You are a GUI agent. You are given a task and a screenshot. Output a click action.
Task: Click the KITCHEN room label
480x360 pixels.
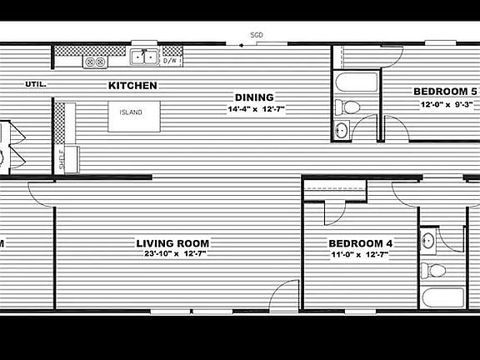pyautogui.click(x=132, y=85)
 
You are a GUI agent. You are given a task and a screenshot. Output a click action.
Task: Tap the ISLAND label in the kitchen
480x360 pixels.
pyautogui.click(x=131, y=112)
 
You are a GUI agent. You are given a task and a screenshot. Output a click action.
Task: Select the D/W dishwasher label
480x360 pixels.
pyautogui.click(x=170, y=61)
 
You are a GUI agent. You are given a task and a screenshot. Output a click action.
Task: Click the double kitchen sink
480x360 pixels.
pyautogui.click(x=144, y=57)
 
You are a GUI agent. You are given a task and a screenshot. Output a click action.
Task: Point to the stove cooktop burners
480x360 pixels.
pyautogui.click(x=95, y=62)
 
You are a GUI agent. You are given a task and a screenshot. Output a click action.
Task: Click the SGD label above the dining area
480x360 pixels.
pyautogui.click(x=257, y=35)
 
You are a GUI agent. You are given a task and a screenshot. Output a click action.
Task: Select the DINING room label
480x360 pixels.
pyautogui.click(x=254, y=97)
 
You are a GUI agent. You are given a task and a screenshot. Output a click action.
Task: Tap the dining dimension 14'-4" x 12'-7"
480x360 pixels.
pyautogui.click(x=256, y=109)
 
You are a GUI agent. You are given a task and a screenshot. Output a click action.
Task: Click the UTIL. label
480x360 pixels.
pyautogui.click(x=36, y=84)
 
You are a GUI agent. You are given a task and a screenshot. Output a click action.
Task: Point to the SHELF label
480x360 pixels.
pyautogui.click(x=62, y=159)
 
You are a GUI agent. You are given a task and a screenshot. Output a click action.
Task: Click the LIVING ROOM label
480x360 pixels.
pyautogui.click(x=172, y=243)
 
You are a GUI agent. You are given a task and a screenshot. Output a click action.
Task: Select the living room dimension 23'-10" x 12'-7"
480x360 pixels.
pyautogui.click(x=175, y=254)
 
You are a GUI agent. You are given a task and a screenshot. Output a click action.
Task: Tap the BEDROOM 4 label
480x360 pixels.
pyautogui.click(x=360, y=243)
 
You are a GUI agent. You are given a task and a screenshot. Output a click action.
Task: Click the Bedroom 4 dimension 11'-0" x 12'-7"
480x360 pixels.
pyautogui.click(x=360, y=254)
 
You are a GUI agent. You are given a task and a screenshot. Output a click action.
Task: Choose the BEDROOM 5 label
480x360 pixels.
pyautogui.click(x=445, y=91)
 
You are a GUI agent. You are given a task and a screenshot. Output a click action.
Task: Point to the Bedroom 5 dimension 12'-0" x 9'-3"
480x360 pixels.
pyautogui.click(x=447, y=104)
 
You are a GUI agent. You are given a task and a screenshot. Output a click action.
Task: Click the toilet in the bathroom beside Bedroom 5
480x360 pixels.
pyautogui.click(x=347, y=107)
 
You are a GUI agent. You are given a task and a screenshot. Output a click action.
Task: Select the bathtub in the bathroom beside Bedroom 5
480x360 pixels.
pyautogui.click(x=357, y=82)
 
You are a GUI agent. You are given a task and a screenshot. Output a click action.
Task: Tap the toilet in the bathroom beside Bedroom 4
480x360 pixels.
pyautogui.click(x=433, y=271)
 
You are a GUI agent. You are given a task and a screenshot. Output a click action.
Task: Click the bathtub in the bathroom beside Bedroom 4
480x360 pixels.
pyautogui.click(x=443, y=297)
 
